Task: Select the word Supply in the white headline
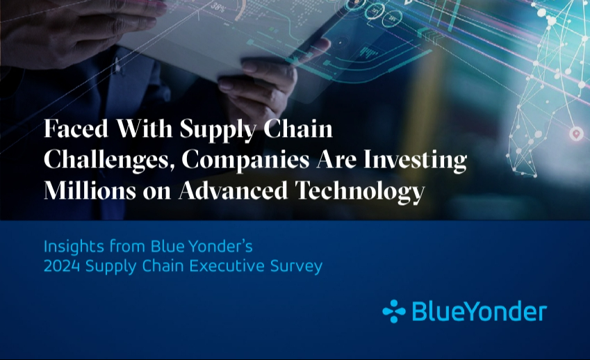click(x=218, y=130)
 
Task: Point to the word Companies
click(x=245, y=161)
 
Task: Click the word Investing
click(x=415, y=161)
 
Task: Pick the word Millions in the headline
click(x=90, y=190)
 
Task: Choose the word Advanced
click(x=233, y=190)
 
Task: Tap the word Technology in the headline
click(x=360, y=192)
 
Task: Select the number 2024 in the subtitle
click(x=62, y=266)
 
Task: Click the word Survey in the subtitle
click(x=297, y=268)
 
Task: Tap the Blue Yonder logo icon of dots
click(x=394, y=311)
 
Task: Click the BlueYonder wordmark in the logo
click(x=480, y=311)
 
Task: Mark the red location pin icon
click(x=575, y=134)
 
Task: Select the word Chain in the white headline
click(x=297, y=129)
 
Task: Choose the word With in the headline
click(x=144, y=129)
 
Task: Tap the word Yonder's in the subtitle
click(x=220, y=247)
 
